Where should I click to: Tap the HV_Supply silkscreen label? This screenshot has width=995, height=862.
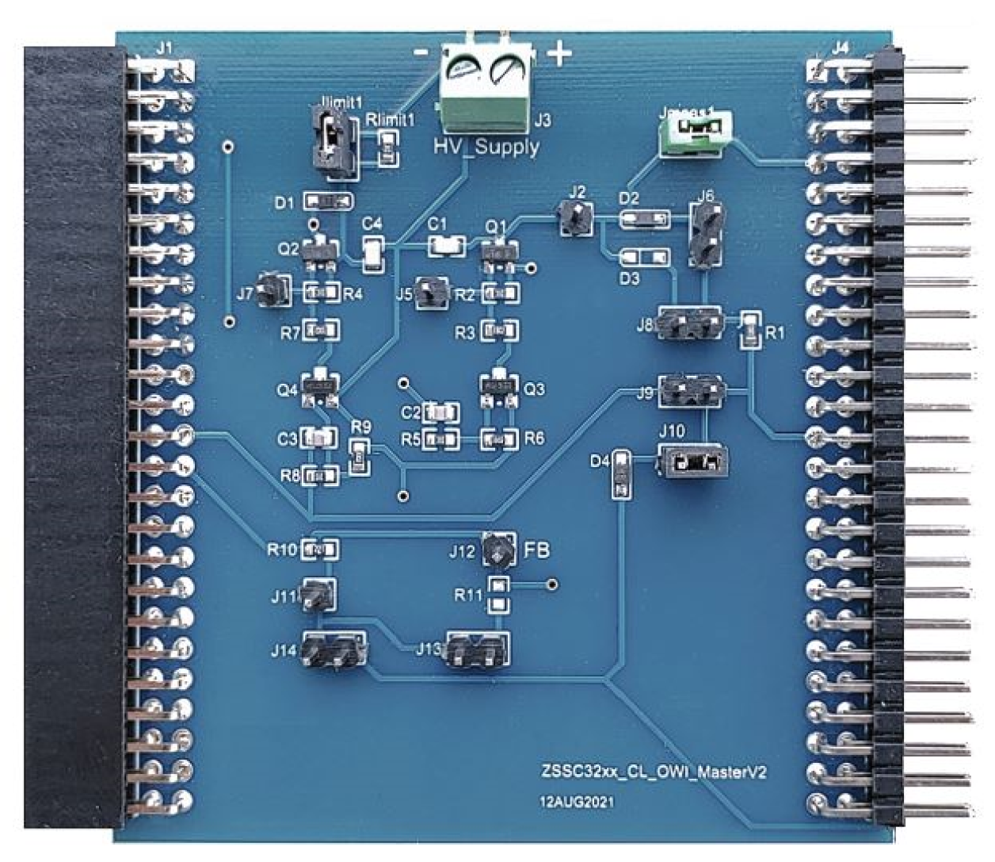(486, 147)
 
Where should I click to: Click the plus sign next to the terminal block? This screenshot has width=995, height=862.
(559, 54)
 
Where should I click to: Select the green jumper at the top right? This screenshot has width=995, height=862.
(695, 128)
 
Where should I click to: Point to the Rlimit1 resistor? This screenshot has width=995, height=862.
(387, 149)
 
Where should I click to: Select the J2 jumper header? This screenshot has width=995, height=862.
(576, 216)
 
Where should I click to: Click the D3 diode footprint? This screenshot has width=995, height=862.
(643, 258)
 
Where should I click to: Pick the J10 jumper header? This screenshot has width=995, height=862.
(692, 462)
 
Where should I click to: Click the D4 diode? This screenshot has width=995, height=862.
(621, 474)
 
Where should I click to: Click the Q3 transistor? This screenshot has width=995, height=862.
(499, 389)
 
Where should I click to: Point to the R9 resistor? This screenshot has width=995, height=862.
(360, 457)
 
